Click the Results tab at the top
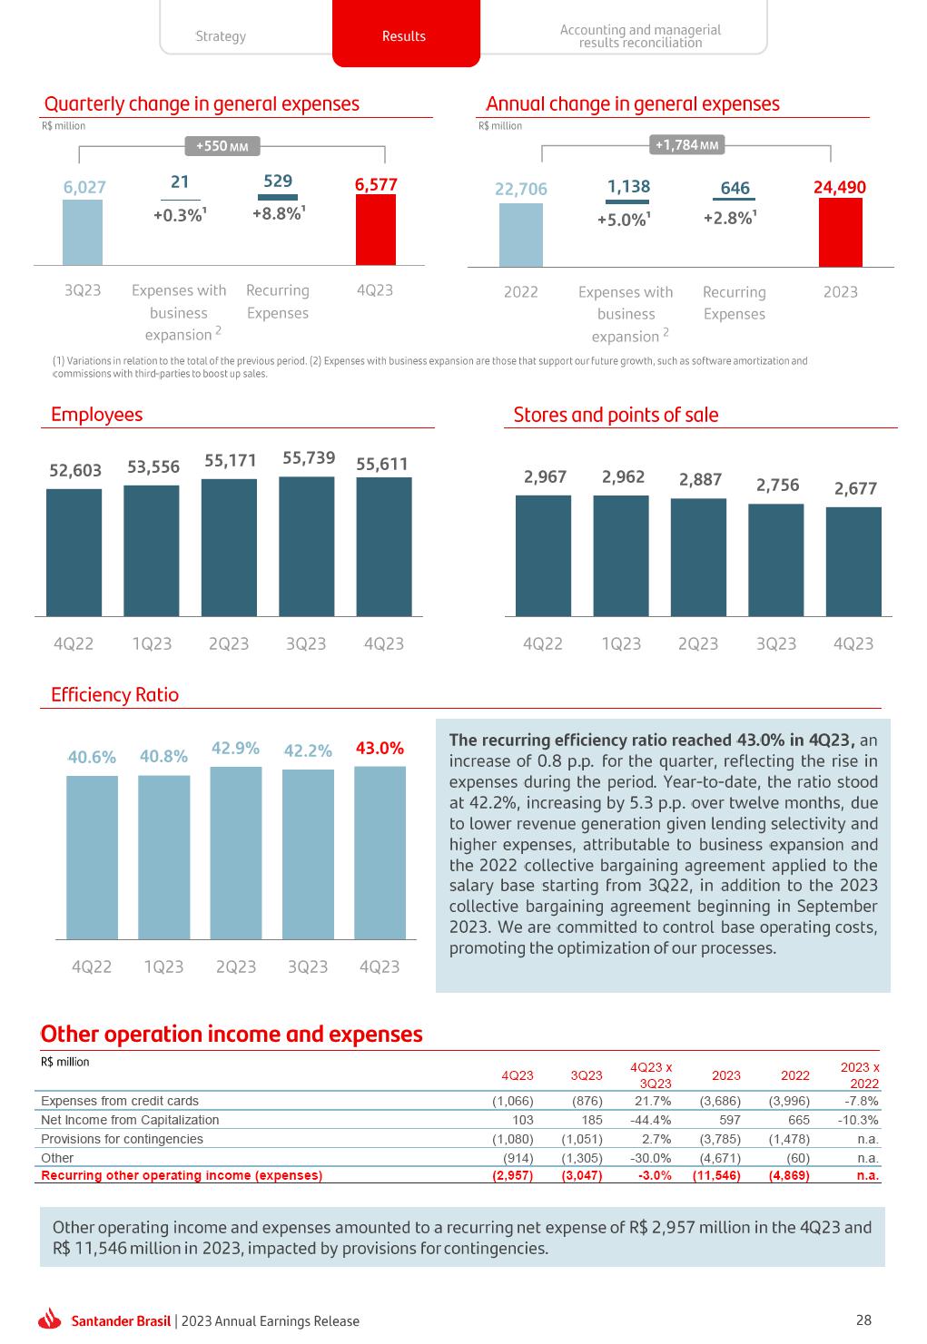(405, 36)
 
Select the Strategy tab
(221, 36)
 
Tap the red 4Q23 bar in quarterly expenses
(375, 230)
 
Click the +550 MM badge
(222, 146)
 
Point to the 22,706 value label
(521, 189)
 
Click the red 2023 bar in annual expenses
(840, 232)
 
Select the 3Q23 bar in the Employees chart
(306, 546)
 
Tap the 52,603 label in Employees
(74, 470)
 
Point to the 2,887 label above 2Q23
(700, 479)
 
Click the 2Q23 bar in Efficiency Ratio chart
(235, 853)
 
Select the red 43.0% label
(380, 749)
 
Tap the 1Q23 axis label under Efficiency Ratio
(163, 966)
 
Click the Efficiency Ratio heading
(115, 695)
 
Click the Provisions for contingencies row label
(122, 1139)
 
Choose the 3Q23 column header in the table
(587, 1075)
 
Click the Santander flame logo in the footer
(51, 1320)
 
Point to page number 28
(863, 1320)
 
